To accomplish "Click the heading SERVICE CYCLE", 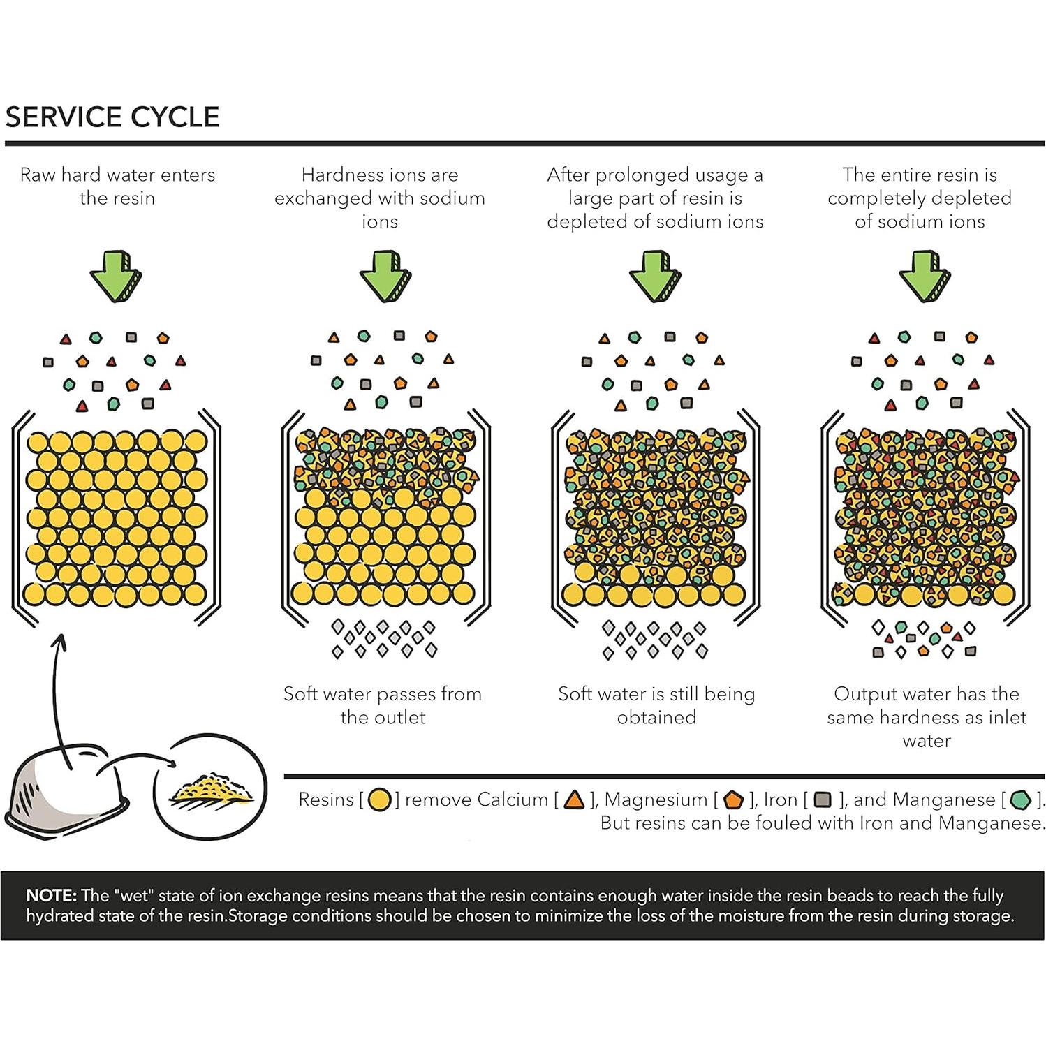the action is [112, 117].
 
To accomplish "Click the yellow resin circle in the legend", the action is [379, 800].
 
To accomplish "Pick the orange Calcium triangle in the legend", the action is [574, 800].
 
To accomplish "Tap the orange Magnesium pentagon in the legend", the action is [732, 800].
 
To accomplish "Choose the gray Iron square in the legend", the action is [823, 800].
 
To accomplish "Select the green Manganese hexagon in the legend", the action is [1021, 800].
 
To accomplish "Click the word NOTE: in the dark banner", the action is [51, 896].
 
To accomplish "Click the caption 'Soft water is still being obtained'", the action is [656, 705].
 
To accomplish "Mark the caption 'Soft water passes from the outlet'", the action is [383, 705].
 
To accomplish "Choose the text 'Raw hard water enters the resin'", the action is [117, 186].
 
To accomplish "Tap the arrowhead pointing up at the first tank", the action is [61, 638].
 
